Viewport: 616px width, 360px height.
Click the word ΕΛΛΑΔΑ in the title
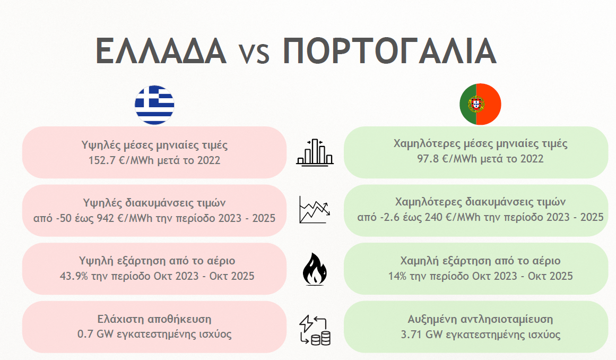pyautogui.click(x=161, y=51)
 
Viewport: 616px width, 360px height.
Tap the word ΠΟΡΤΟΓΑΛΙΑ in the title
pyautogui.click(x=390, y=51)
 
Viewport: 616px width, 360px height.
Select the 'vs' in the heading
pyautogui.click(x=254, y=53)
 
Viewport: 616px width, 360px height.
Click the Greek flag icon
pyautogui.click(x=154, y=105)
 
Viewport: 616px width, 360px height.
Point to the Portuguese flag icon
pyautogui.click(x=480, y=104)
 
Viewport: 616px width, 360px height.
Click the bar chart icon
pyautogui.click(x=315, y=152)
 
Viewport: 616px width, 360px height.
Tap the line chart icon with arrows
pyautogui.click(x=314, y=209)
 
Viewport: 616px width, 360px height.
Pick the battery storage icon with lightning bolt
pyautogui.click(x=315, y=330)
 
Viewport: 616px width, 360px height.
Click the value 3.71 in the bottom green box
pyautogui.click(x=412, y=335)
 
